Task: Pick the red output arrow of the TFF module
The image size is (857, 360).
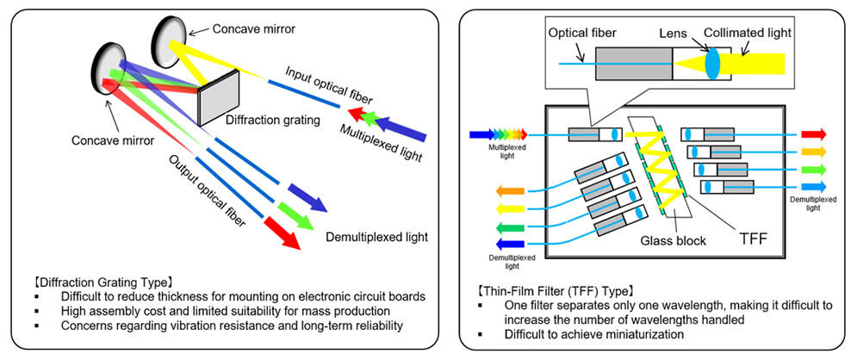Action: (813, 134)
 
